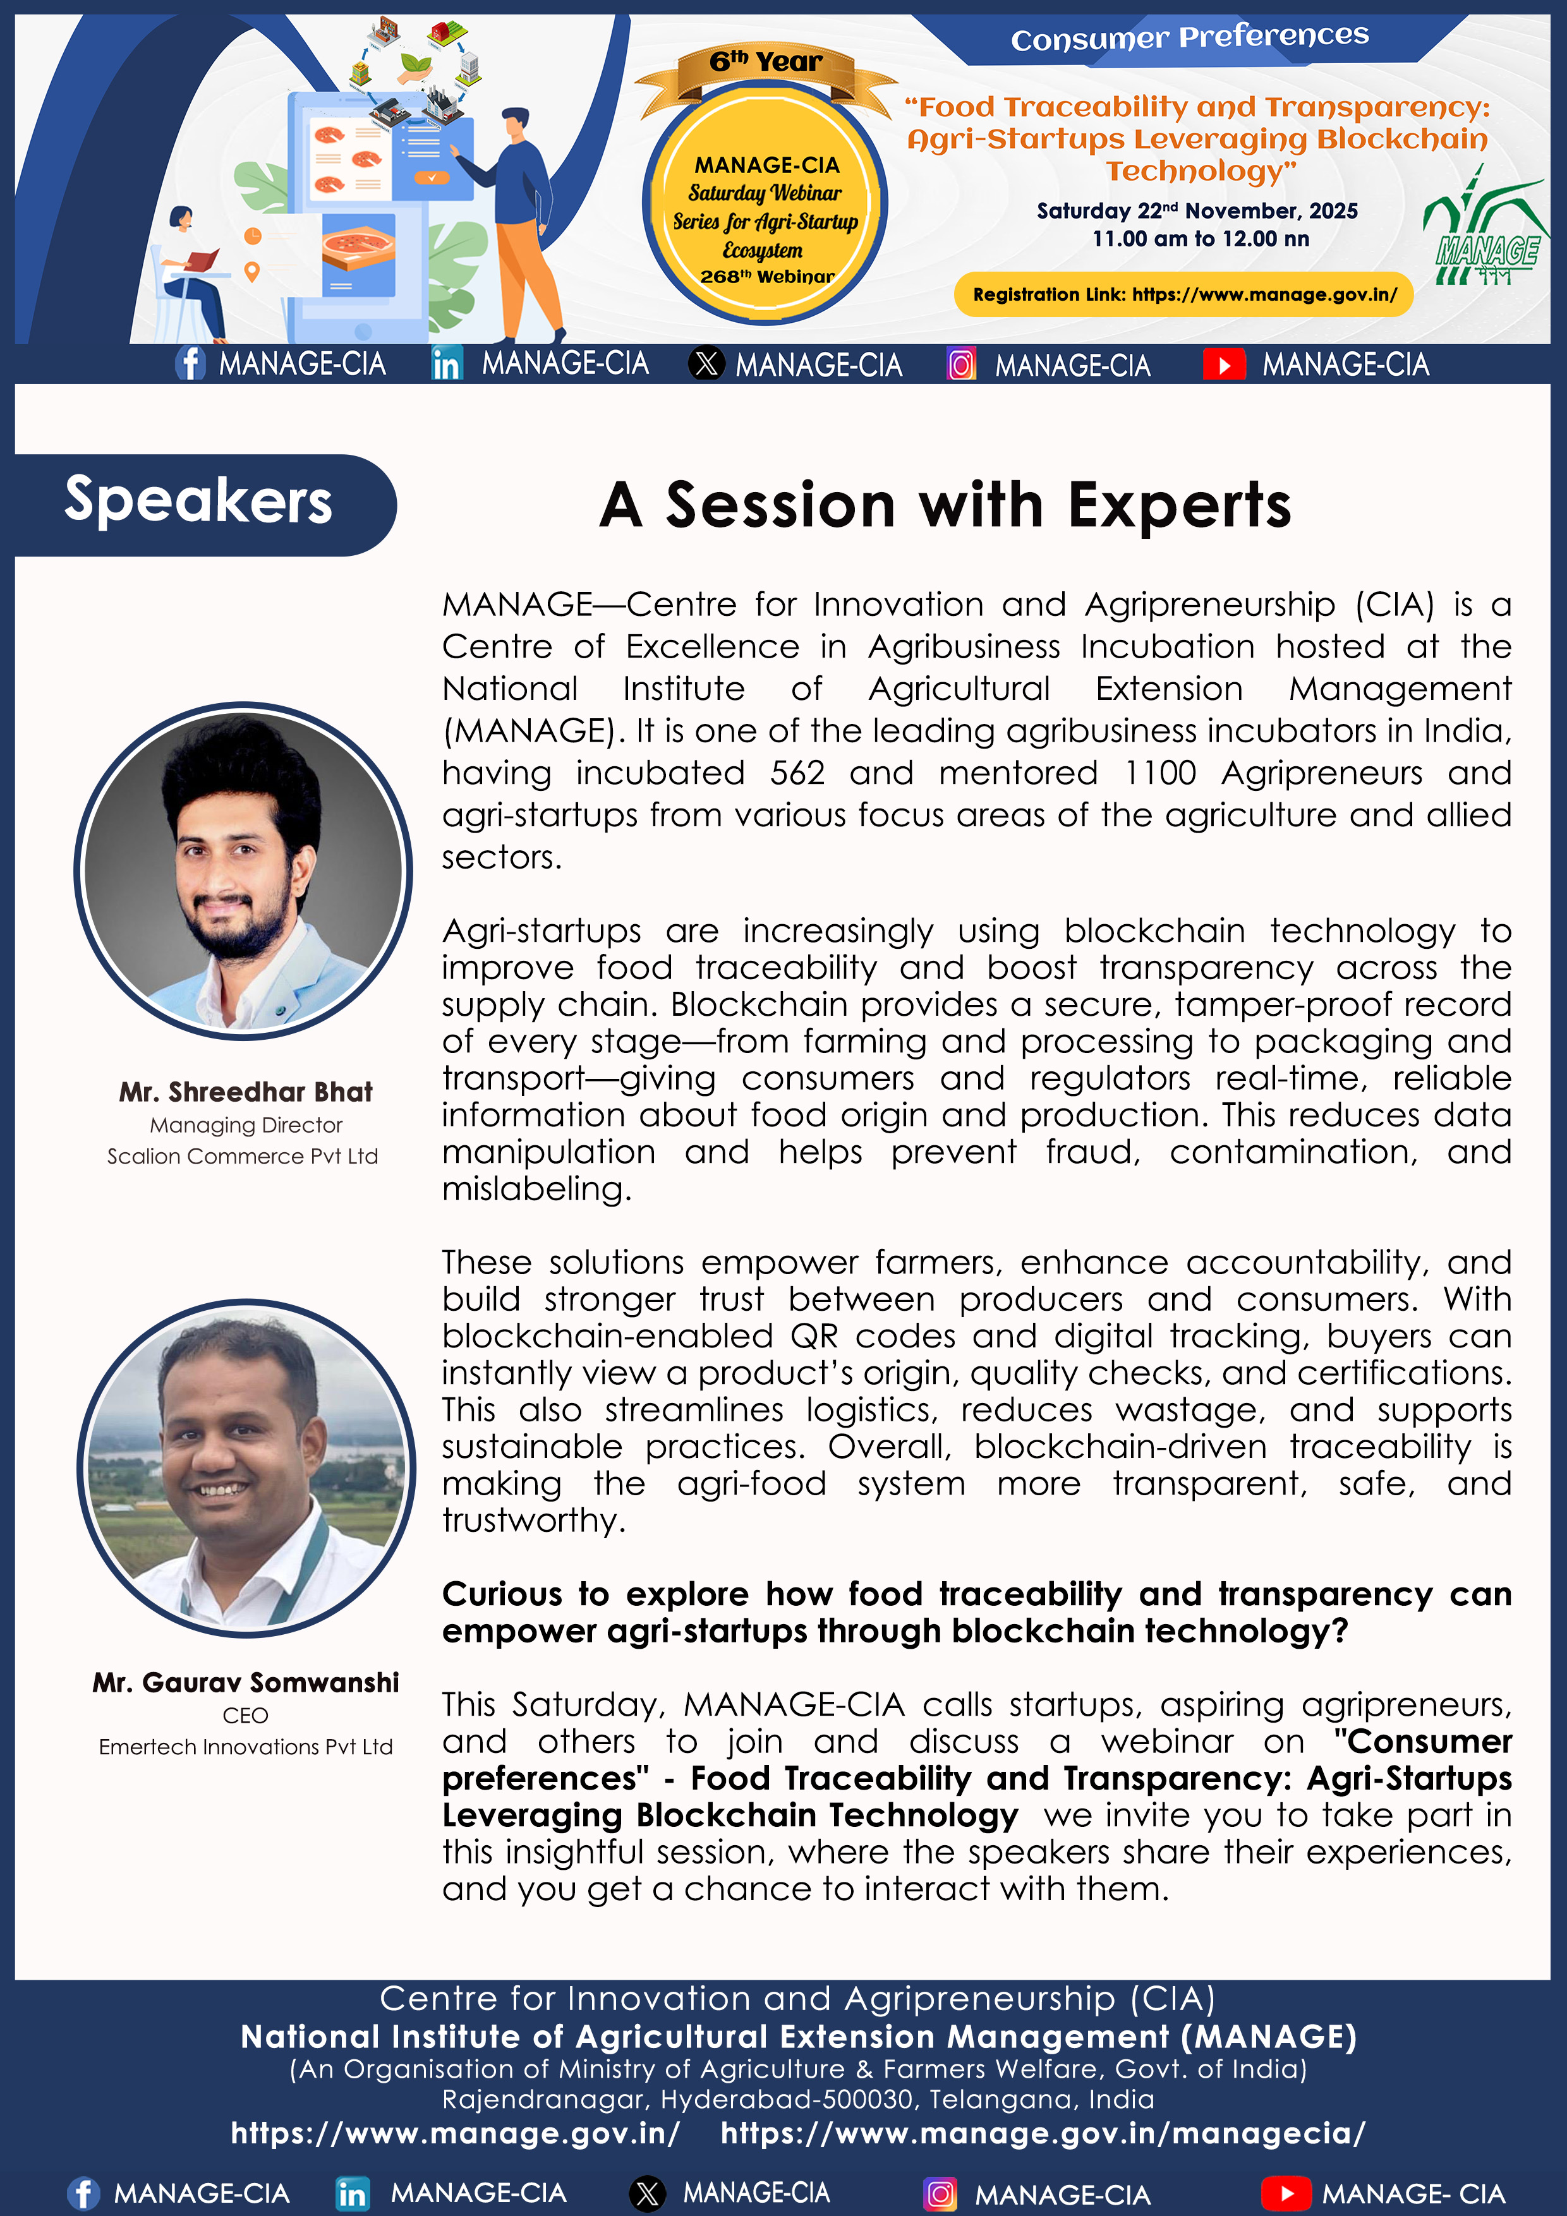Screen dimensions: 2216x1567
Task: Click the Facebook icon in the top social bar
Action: (190, 364)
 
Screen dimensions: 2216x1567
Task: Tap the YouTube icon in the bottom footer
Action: (1285, 2193)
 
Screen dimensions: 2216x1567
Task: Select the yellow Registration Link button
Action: (1183, 294)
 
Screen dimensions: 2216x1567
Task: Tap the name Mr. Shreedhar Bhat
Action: (245, 1092)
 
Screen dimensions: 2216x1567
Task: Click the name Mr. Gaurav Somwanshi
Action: (245, 1682)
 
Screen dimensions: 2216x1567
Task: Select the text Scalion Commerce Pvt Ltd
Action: (243, 1156)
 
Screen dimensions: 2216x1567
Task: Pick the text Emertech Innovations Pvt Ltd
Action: (245, 1747)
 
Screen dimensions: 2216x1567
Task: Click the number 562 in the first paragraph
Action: (797, 773)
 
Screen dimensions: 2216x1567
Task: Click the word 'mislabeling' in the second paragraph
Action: (536, 1189)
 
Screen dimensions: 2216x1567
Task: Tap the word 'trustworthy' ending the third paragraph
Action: (533, 1521)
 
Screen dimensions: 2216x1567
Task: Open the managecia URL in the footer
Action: (1043, 2133)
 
